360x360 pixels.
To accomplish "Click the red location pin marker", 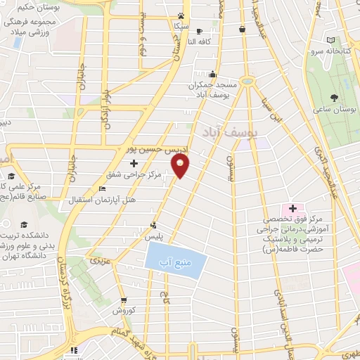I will coord(181,167).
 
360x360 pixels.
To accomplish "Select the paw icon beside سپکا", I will coord(181,15).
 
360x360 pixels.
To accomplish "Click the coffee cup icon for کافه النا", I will coord(199,31).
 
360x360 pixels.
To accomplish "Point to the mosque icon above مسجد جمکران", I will coord(212,73).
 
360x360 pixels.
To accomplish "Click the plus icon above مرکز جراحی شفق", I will coord(134,163).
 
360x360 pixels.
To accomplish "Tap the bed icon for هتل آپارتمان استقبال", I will coord(102,189).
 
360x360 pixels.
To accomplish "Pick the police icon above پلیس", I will coord(153,226).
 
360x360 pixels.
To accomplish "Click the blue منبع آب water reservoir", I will coord(176,262).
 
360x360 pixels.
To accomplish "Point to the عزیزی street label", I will coord(96,261).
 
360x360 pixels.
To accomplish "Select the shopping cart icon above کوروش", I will coord(123,298).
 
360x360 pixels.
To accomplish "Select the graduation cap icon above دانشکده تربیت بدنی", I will coord(24,225).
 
